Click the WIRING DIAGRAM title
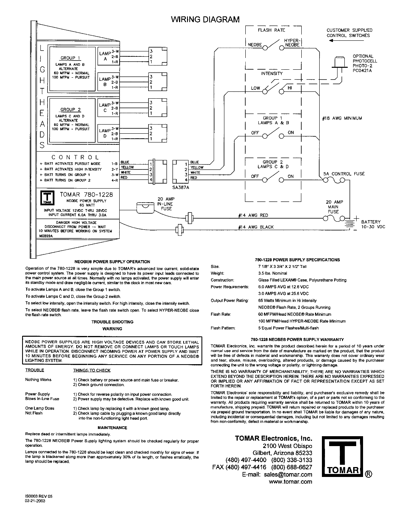point(205,19)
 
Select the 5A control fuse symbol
point(334,180)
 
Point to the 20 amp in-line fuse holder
point(145,208)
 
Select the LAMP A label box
point(108,56)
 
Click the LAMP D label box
point(108,133)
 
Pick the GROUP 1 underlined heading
point(70,58)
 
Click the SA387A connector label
point(181,187)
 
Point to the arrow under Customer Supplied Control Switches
point(346,41)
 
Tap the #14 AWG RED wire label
point(253,215)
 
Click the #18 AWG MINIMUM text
point(342,118)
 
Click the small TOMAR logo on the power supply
point(47,198)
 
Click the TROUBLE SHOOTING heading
point(112,322)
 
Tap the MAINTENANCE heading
point(112,428)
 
